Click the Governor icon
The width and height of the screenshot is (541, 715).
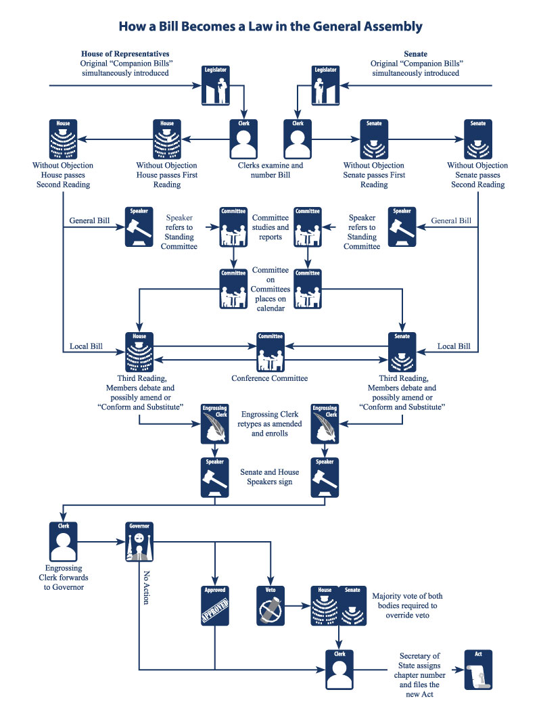pos(139,542)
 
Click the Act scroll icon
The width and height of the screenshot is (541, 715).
pos(478,670)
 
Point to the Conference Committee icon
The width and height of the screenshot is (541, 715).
pos(270,352)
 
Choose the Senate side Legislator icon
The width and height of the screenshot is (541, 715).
pos(325,85)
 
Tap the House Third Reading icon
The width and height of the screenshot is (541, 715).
pos(139,352)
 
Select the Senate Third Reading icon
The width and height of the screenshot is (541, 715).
pos(402,352)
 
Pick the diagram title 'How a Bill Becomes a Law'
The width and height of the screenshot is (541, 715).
pos(270,27)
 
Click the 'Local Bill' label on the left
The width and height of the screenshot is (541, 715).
pos(86,346)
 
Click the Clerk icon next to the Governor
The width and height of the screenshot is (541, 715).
pos(63,542)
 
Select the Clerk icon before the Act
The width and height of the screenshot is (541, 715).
pos(339,670)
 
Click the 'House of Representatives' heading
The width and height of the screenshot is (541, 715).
pos(125,53)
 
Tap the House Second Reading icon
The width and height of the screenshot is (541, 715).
pos(63,139)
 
